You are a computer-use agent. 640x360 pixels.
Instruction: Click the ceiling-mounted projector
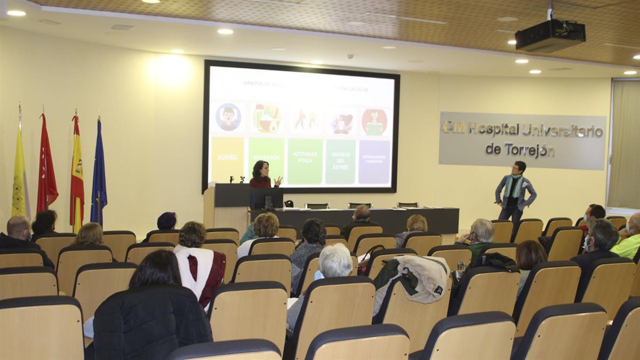(550, 35)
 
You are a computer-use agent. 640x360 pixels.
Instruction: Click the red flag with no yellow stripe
(46, 165)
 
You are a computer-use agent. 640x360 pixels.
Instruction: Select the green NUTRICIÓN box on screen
(266, 158)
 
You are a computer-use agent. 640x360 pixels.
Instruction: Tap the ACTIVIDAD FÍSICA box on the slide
(305, 161)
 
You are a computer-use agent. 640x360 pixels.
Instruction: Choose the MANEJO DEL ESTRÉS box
(340, 162)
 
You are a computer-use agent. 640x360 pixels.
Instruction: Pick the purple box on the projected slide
(374, 162)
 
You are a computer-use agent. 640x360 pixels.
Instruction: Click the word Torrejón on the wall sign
(520, 150)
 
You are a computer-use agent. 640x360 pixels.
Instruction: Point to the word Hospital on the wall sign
(493, 129)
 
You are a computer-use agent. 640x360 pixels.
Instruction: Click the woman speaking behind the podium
(261, 175)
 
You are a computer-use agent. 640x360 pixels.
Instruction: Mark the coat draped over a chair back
(413, 277)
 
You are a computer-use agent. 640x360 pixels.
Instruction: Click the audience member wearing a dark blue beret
(166, 220)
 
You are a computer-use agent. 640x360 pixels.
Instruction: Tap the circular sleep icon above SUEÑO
(228, 117)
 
